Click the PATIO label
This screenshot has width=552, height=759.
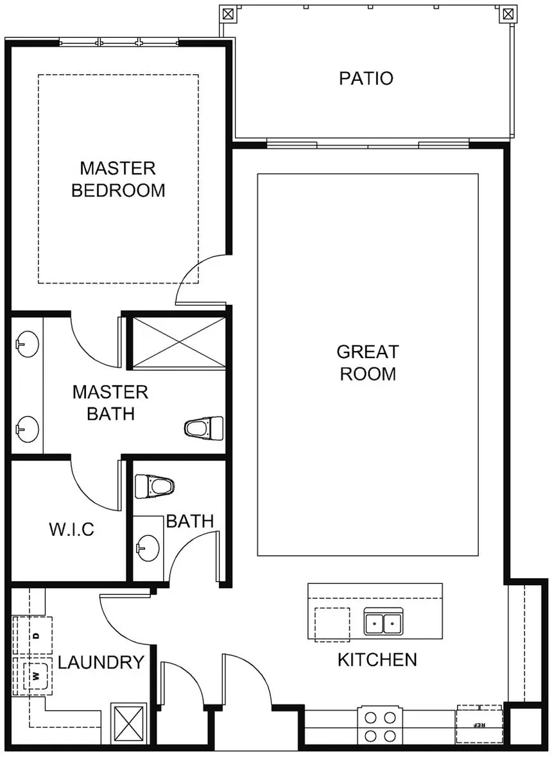coord(366,78)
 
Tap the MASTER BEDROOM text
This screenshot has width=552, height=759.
coord(118,179)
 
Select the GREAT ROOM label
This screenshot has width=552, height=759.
coord(368,362)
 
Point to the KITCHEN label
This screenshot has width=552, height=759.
coord(377,660)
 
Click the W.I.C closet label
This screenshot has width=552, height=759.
coord(72,529)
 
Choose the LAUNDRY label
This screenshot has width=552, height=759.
coord(101,662)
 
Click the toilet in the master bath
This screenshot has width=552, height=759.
coord(204,429)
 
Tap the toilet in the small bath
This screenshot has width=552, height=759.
coord(154,486)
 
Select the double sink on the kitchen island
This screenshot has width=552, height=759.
coord(383,622)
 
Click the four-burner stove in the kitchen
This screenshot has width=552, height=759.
coord(379,726)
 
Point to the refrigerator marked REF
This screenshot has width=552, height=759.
coord(479,724)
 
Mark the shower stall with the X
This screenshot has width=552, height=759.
coord(178,342)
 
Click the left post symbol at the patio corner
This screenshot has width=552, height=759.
coord(228,14)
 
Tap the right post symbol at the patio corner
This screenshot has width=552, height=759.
coord(508,14)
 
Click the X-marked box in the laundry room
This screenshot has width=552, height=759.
coord(129,724)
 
